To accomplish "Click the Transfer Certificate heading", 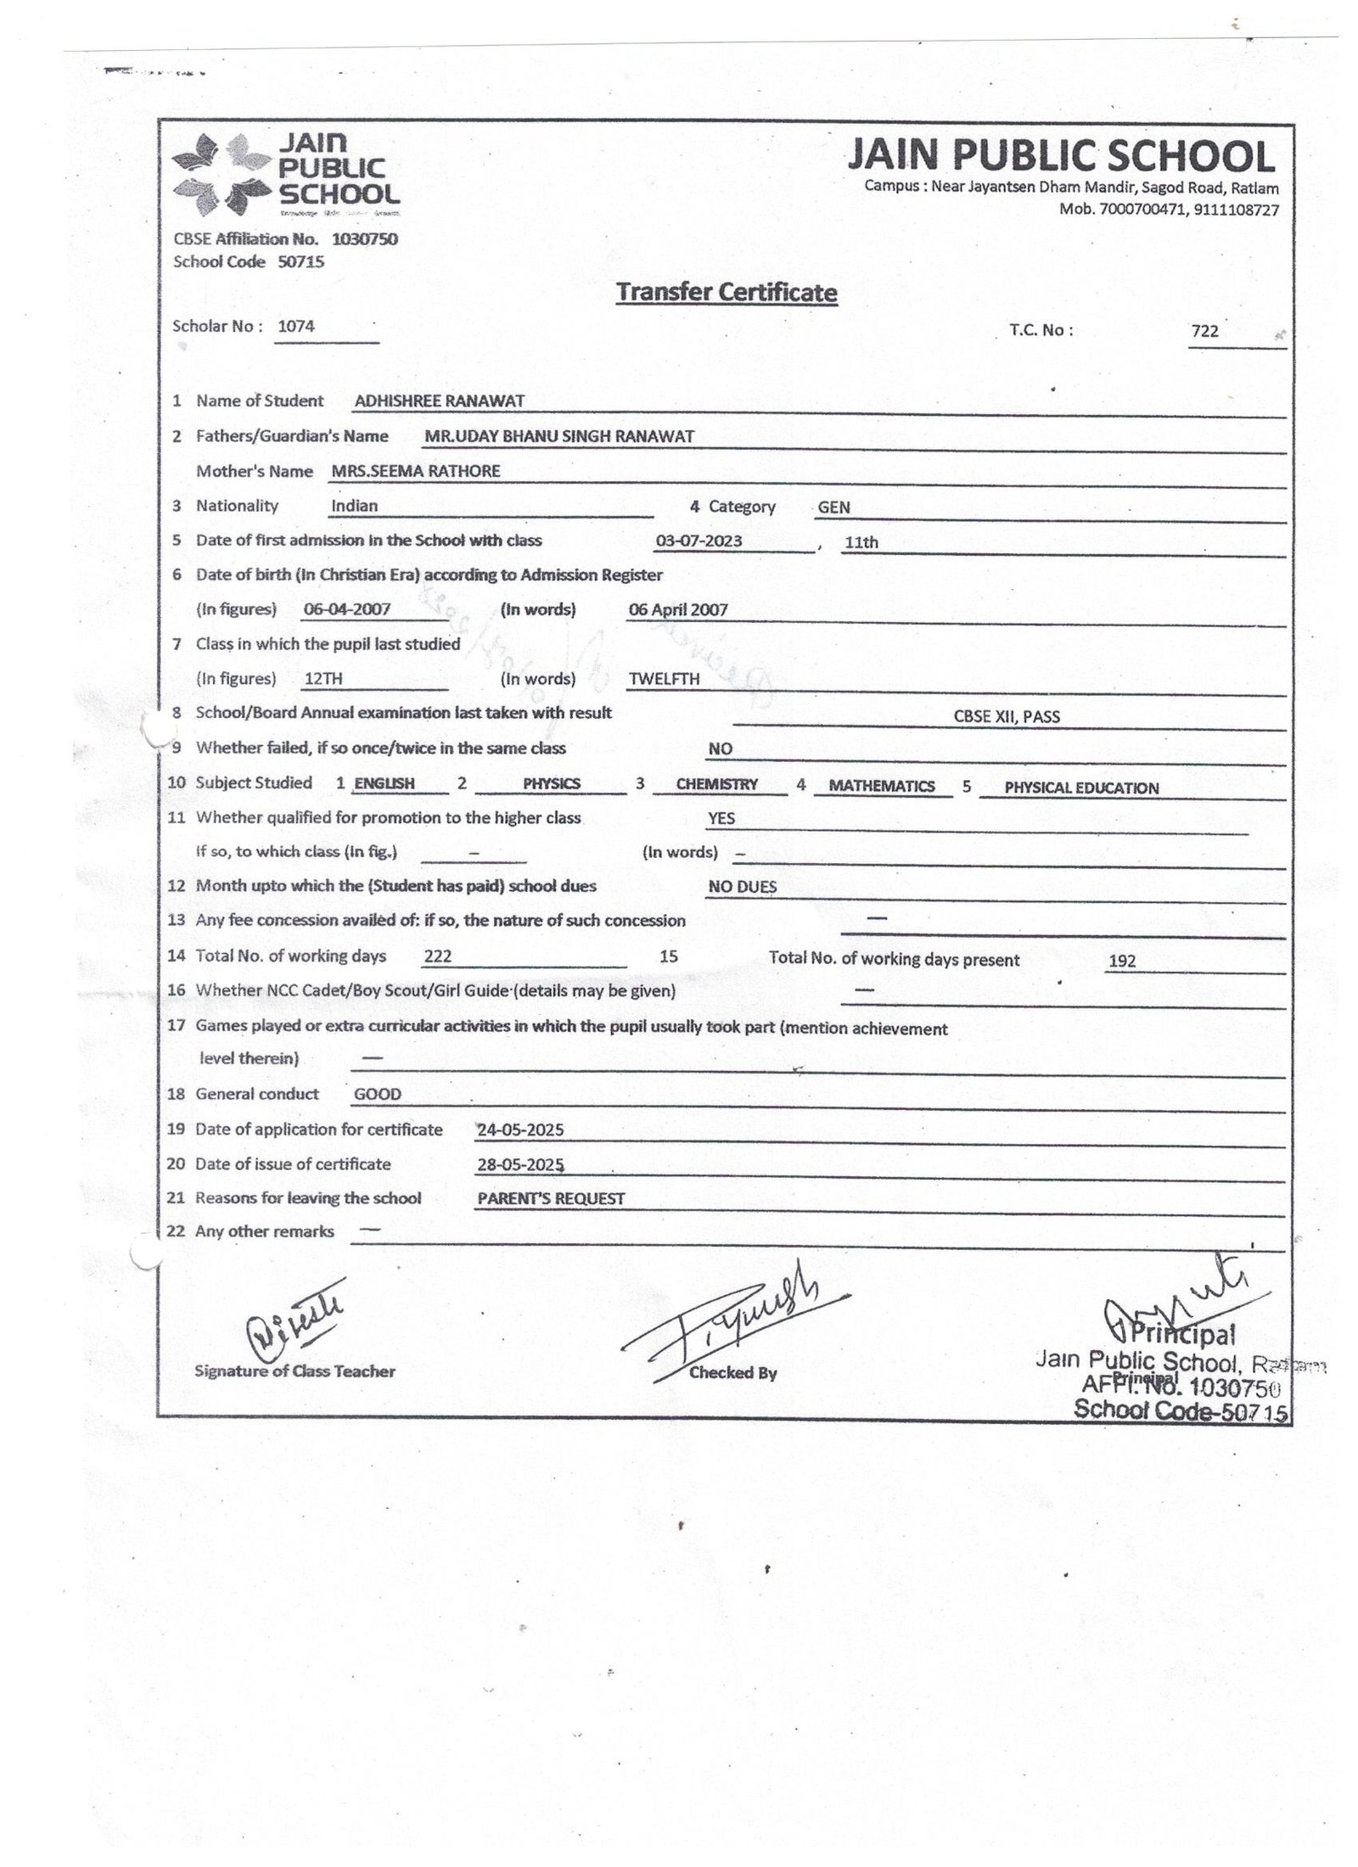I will [x=726, y=292].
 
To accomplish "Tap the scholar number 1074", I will [x=296, y=326].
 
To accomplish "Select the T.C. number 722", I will [x=1204, y=331].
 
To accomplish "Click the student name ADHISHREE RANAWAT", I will [x=439, y=401].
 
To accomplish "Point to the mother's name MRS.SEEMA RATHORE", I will [x=415, y=471].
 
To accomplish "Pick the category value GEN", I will [x=833, y=507].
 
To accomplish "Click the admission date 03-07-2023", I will [x=699, y=541].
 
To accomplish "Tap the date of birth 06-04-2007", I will [x=346, y=609].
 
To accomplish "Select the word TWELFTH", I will [x=664, y=679].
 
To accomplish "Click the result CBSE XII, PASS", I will [x=1007, y=716].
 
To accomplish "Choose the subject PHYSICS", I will [x=551, y=784].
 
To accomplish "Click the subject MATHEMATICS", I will [x=881, y=787].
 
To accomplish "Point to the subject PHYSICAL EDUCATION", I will [x=1080, y=788].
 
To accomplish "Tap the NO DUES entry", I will [x=742, y=887].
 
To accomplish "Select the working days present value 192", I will [x=1122, y=962].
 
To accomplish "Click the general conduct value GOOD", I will [x=377, y=1094].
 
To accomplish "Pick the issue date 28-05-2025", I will [x=520, y=1165].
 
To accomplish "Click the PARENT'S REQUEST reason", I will [x=551, y=1199].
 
